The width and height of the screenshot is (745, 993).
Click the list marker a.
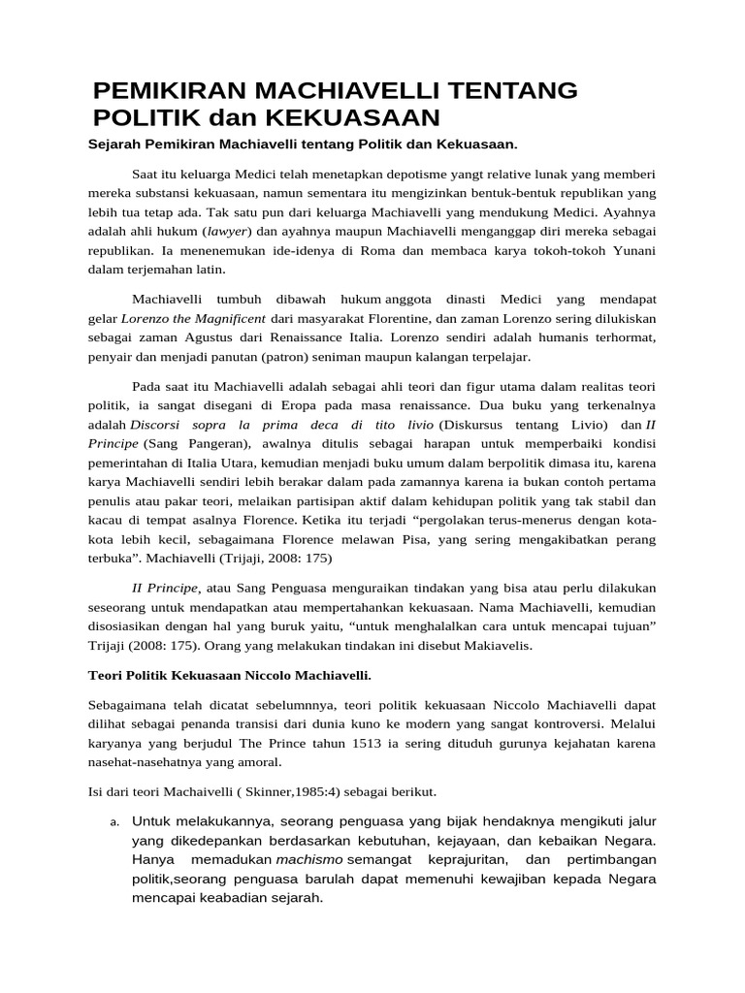pyautogui.click(x=113, y=824)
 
